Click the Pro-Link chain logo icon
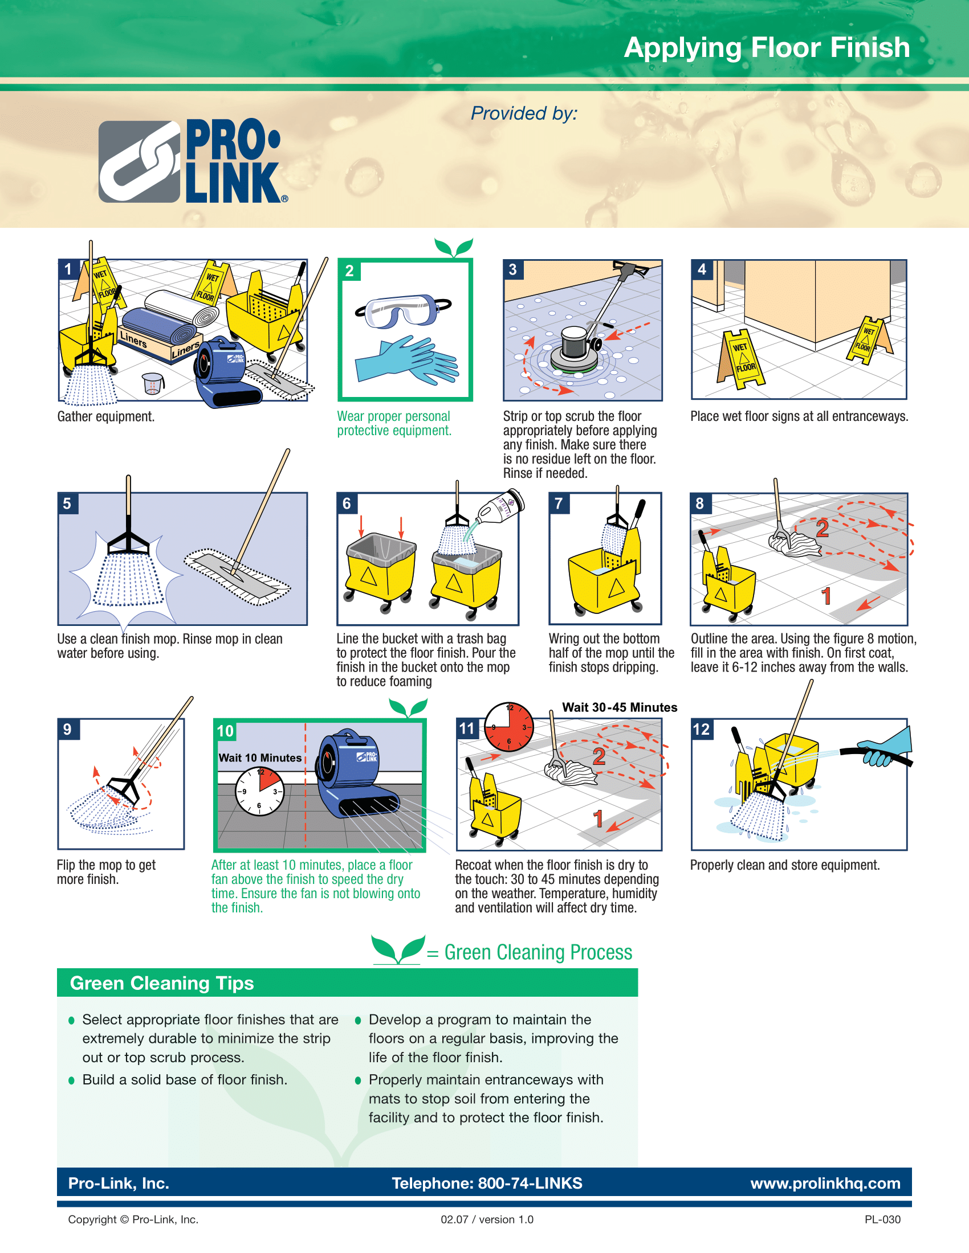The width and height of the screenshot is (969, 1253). [x=140, y=162]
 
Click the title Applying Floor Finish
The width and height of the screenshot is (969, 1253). [x=766, y=48]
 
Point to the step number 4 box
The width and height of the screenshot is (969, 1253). [x=702, y=269]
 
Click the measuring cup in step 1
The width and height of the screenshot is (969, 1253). [x=152, y=383]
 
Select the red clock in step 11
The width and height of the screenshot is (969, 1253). [x=508, y=727]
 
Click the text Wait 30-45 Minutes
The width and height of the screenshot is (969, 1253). [x=619, y=707]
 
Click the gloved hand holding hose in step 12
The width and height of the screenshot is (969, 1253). [x=887, y=749]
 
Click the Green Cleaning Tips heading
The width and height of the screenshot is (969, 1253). [x=161, y=984]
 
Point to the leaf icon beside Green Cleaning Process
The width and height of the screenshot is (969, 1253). [x=398, y=950]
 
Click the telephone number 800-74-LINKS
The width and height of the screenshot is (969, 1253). [x=530, y=1183]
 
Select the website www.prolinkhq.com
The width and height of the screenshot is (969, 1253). [x=824, y=1183]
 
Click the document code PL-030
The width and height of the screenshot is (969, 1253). [x=882, y=1220]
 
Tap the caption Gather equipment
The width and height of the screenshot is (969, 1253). [x=105, y=416]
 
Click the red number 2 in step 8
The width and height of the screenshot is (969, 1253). [x=821, y=529]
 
